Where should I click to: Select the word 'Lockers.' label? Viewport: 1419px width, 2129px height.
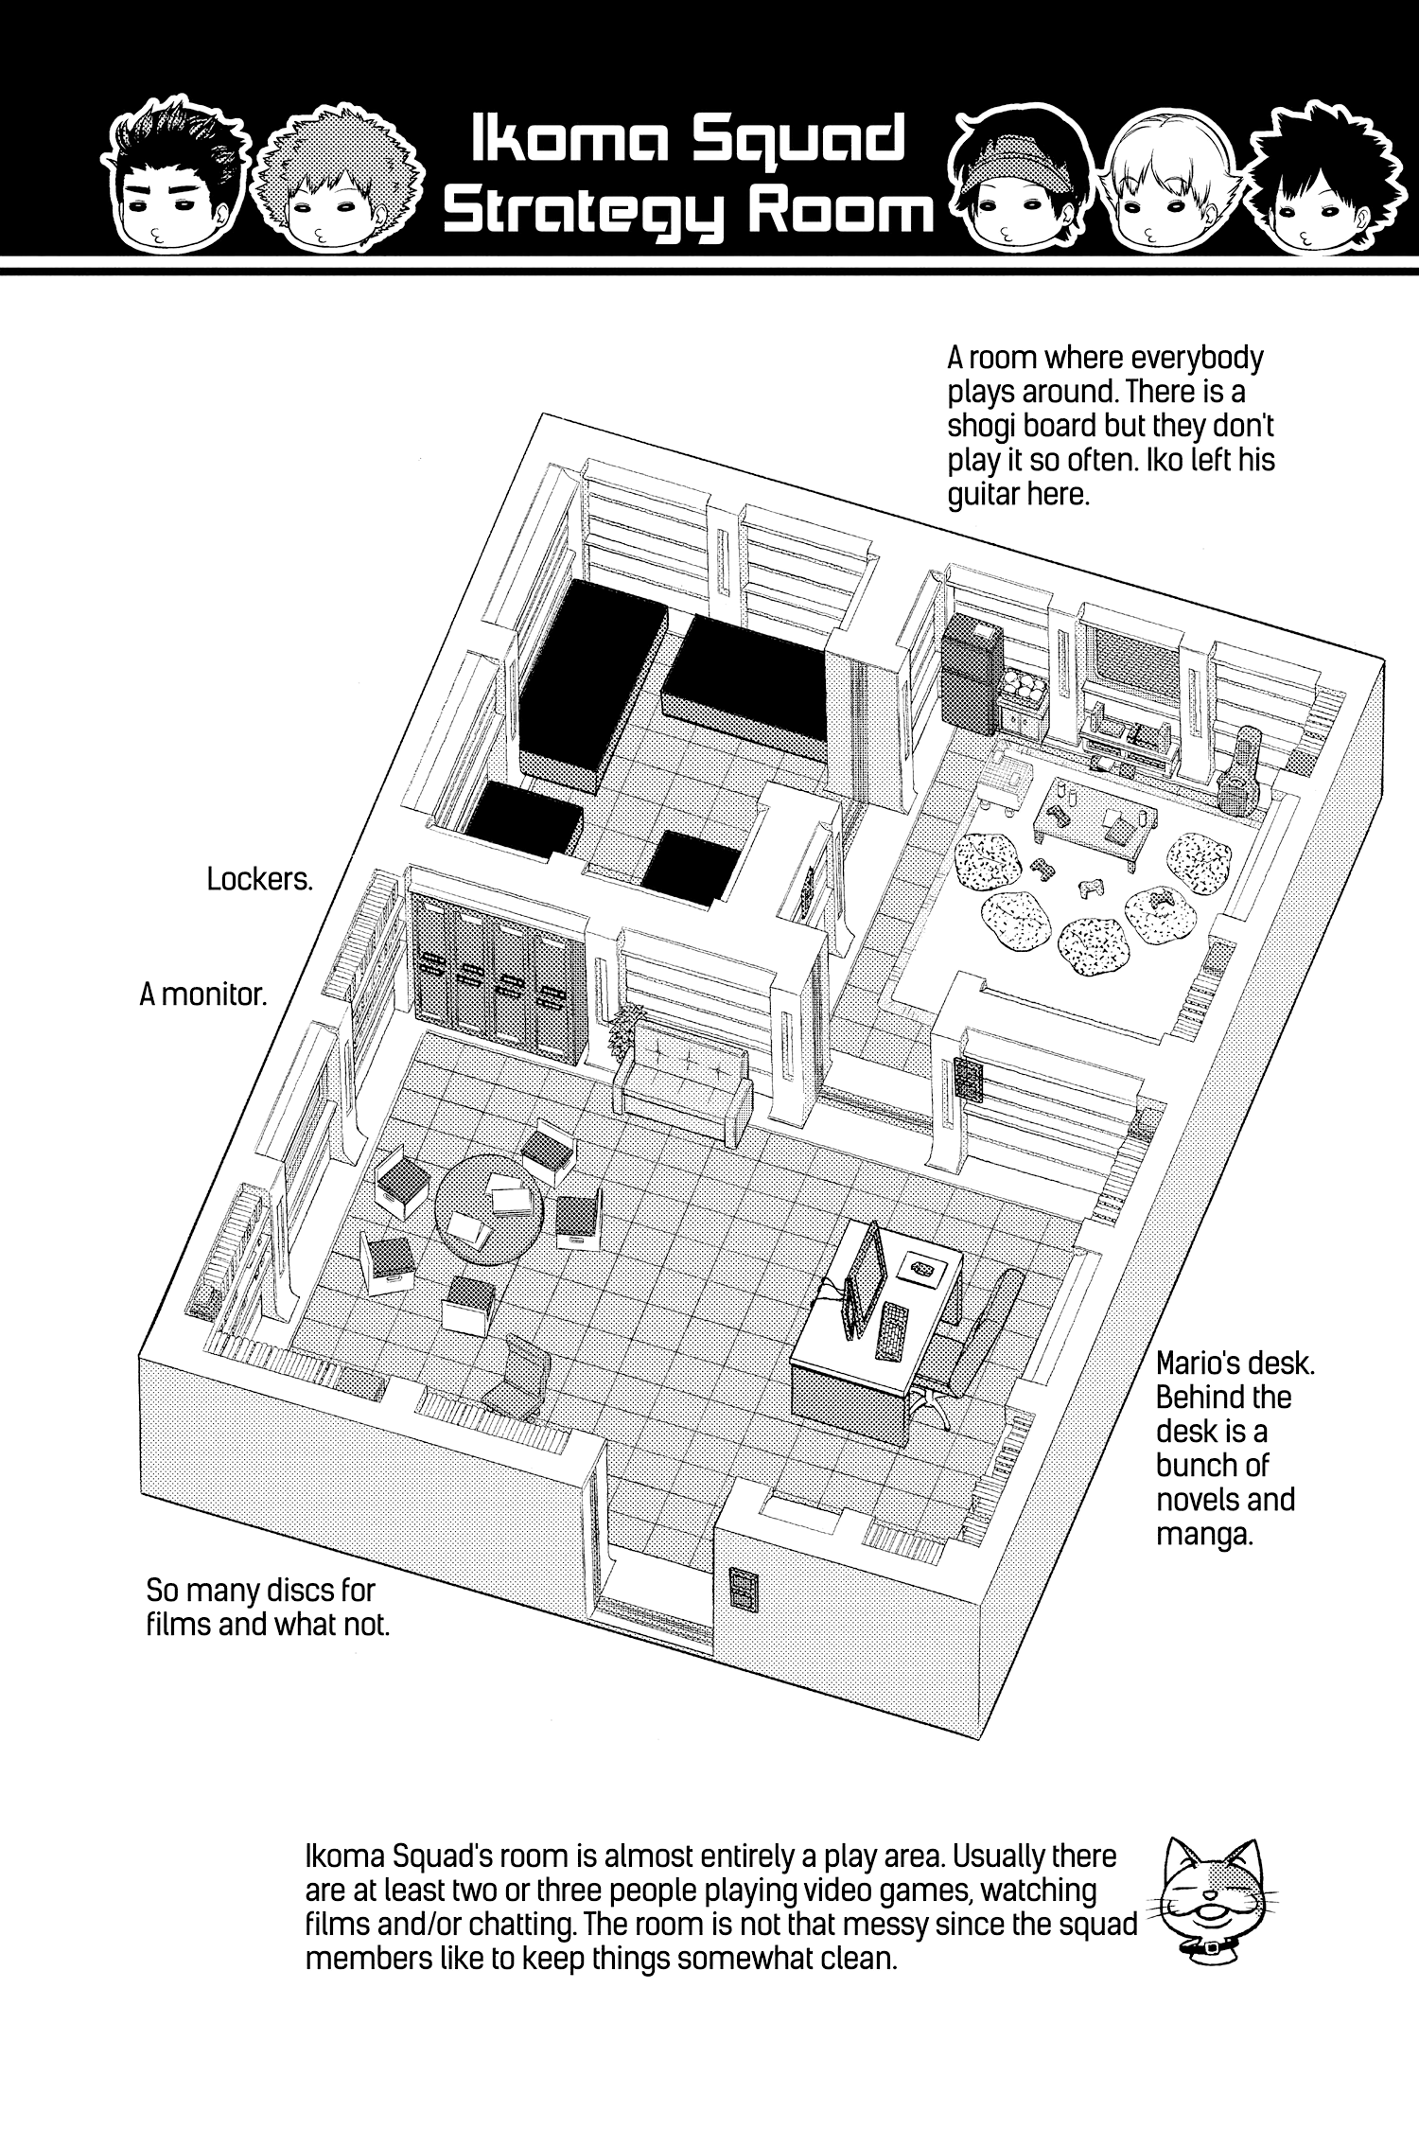pyautogui.click(x=259, y=879)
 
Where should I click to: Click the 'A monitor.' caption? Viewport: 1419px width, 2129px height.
pyautogui.click(x=202, y=994)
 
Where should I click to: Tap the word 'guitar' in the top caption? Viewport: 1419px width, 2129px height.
pyautogui.click(x=992, y=495)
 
